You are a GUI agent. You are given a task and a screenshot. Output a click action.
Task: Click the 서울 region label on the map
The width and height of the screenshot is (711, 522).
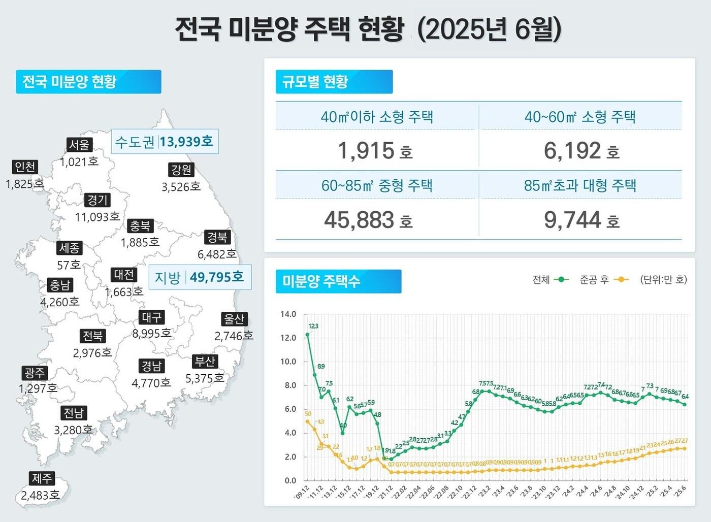79,145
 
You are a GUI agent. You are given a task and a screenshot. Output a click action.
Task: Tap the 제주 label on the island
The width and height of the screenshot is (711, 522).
42,478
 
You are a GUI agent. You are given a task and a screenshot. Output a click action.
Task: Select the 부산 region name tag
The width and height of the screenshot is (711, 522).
205,362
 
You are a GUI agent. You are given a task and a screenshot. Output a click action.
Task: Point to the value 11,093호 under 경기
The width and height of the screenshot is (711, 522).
98,217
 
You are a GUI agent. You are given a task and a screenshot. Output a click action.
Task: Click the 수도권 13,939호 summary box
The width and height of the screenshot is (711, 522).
165,142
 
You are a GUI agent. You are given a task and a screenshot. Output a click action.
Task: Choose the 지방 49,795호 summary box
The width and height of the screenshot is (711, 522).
200,277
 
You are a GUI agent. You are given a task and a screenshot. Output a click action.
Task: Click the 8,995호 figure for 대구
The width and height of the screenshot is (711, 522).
151,334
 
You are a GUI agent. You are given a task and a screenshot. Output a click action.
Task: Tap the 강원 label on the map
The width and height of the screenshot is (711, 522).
181,170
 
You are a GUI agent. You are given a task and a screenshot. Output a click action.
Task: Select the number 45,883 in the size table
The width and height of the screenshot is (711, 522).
359,220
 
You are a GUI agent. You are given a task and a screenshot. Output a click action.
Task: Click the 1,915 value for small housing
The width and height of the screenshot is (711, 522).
366,151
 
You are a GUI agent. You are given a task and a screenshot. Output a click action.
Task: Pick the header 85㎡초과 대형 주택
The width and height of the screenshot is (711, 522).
580,185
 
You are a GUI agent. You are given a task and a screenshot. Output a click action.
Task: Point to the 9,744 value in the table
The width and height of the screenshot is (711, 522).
572,220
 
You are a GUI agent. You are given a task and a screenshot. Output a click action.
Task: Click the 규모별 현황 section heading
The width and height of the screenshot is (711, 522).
334,82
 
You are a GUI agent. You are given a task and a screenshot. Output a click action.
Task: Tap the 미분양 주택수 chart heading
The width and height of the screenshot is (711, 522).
338,281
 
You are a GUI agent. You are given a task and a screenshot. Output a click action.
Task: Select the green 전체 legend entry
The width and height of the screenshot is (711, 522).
551,280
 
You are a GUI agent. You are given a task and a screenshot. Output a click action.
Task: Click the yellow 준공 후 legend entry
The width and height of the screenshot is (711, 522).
604,280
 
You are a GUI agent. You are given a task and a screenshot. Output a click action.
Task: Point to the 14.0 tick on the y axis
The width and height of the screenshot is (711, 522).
288,314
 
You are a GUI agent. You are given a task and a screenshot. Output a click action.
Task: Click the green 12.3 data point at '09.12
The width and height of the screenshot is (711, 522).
307,335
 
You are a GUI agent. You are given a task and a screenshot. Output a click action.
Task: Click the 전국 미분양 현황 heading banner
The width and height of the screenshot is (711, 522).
88,82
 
